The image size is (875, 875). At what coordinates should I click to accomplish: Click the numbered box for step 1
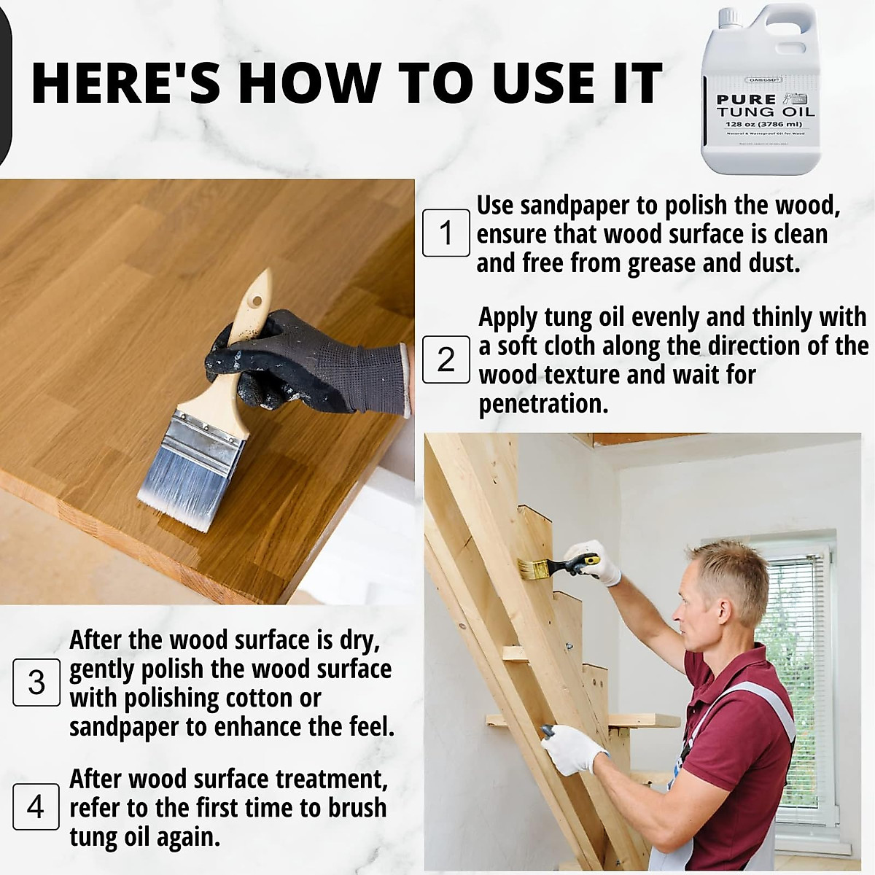(x=446, y=233)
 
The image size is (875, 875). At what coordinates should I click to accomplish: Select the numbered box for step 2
(x=446, y=359)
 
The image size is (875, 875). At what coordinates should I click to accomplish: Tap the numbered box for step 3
(x=36, y=682)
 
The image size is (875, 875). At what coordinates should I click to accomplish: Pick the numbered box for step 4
(x=36, y=806)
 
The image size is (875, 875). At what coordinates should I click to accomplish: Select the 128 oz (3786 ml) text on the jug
(x=763, y=124)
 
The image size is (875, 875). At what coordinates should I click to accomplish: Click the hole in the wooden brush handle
(x=256, y=300)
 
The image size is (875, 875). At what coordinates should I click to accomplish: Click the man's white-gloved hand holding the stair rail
(x=572, y=749)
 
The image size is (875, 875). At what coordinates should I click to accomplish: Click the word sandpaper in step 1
(x=576, y=206)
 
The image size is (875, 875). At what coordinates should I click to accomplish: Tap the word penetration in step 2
(x=543, y=403)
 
